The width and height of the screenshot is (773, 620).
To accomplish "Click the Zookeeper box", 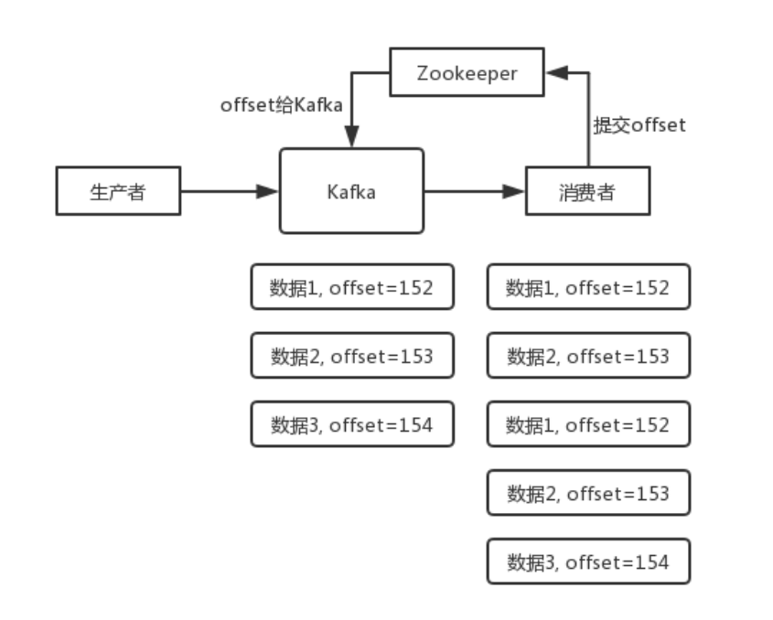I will click(x=467, y=73).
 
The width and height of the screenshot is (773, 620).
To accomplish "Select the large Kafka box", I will click(x=352, y=191).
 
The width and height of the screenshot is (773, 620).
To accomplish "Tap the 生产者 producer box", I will click(x=117, y=191).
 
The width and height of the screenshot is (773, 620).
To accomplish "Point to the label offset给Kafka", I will click(x=281, y=105).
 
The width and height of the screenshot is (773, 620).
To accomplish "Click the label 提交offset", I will click(x=639, y=125).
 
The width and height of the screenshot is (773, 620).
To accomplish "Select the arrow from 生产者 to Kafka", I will click(x=229, y=191).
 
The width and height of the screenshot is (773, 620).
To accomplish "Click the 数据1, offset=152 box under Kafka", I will click(x=352, y=287).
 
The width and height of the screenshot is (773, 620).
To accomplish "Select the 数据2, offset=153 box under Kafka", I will click(x=352, y=356).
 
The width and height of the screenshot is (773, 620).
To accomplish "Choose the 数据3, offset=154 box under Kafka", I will click(x=352, y=423).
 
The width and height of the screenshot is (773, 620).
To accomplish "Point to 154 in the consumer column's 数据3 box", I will click(x=653, y=561).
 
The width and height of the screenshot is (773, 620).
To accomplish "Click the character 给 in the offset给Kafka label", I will click(x=285, y=105).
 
